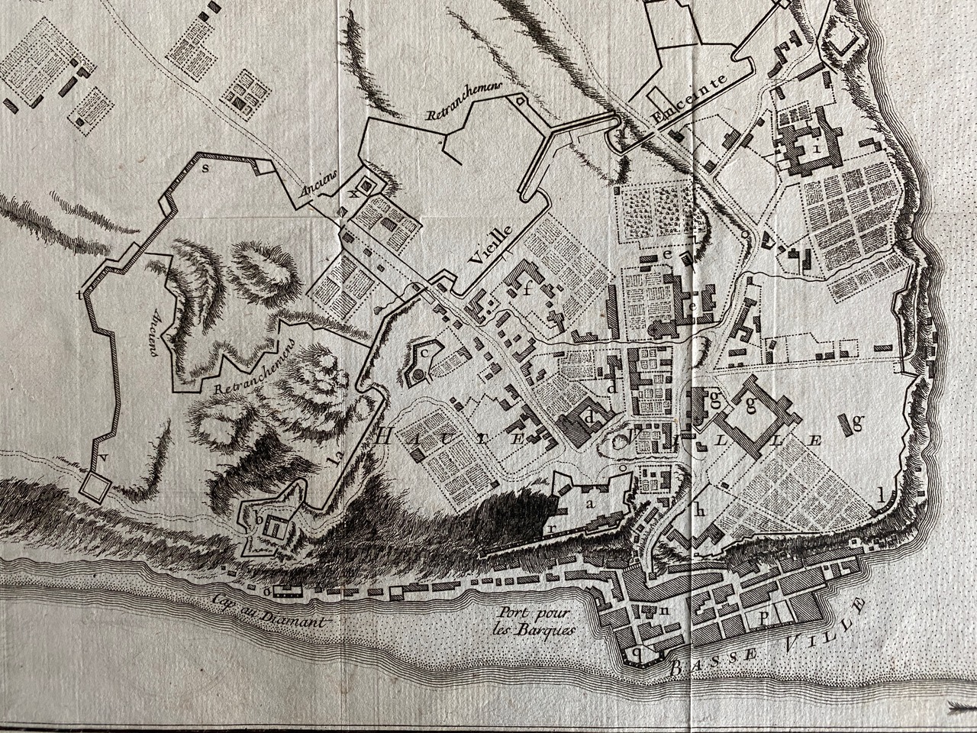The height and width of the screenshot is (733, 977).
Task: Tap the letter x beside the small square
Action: click(x=352, y=192)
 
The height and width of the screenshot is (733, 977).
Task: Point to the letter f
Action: click(x=526, y=287)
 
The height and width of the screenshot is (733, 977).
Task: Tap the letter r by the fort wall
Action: click(x=550, y=528)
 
